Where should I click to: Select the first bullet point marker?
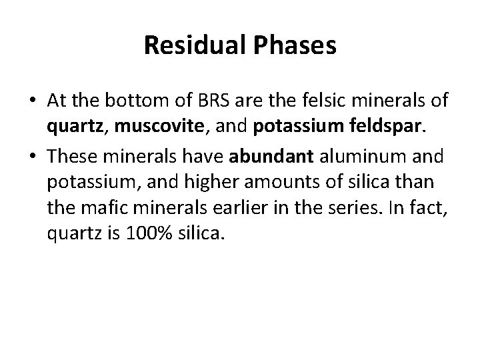(x=33, y=100)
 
